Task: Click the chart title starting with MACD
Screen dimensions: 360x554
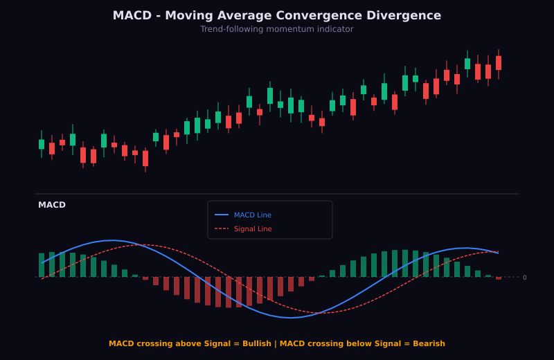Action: pyautogui.click(x=276, y=15)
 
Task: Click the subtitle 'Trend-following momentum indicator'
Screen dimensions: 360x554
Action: pyautogui.click(x=276, y=29)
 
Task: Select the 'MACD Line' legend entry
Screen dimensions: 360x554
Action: pyautogui.click(x=252, y=215)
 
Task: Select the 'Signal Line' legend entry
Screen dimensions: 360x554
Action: pyautogui.click(x=252, y=228)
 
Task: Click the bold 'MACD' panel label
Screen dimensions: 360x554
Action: pyautogui.click(x=52, y=205)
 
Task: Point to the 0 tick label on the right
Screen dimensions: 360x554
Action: pyautogui.click(x=524, y=278)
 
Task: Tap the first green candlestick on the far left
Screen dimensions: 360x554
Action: pyautogui.click(x=42, y=144)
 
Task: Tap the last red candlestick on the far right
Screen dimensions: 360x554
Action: pyautogui.click(x=498, y=63)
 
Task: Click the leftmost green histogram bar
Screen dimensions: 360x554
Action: pyautogui.click(x=42, y=265)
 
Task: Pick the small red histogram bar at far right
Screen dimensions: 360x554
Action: pyautogui.click(x=498, y=278)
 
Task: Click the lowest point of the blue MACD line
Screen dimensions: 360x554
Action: pyautogui.click(x=290, y=318)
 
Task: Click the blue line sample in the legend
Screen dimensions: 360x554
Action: pyautogui.click(x=221, y=215)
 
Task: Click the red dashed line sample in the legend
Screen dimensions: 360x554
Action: pyautogui.click(x=221, y=228)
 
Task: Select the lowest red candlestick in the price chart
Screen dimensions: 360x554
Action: pyautogui.click(x=145, y=159)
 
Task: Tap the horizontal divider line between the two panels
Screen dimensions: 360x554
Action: pyautogui.click(x=277, y=194)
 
